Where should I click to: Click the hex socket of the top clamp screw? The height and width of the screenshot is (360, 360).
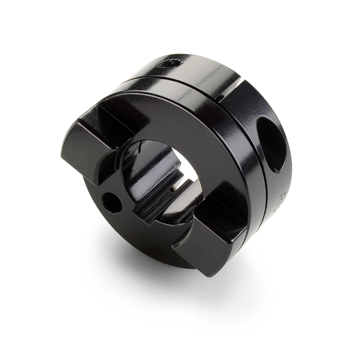(x=171, y=63)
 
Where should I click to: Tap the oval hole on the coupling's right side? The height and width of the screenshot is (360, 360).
(x=273, y=143)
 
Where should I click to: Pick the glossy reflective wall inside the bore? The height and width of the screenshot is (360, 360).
(x=138, y=169)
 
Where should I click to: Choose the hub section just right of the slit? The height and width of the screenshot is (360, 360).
(x=247, y=98)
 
